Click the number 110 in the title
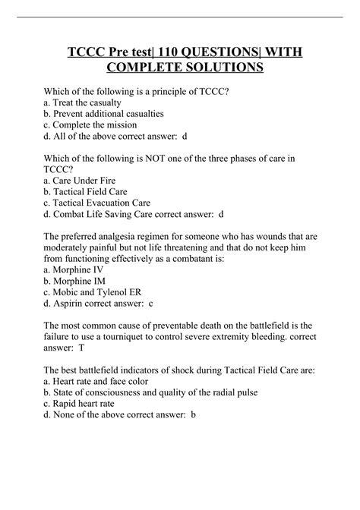(173, 51)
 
